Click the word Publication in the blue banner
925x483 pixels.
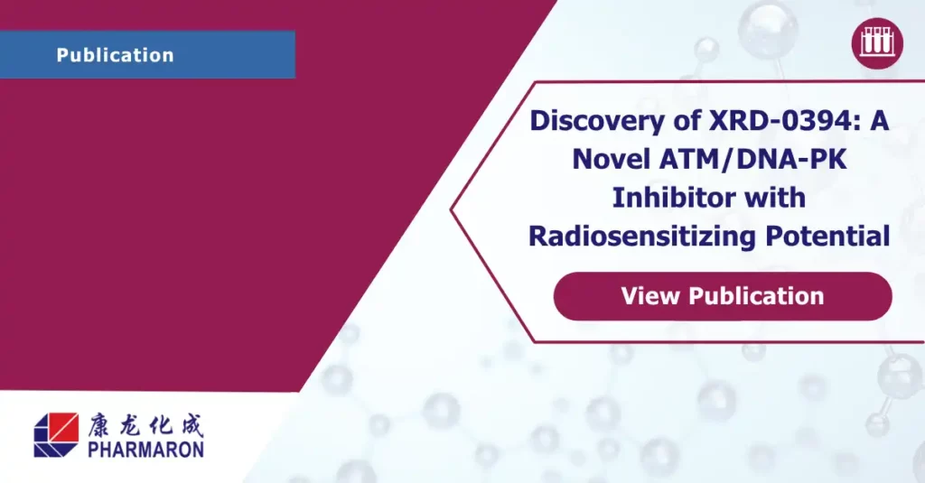coord(115,55)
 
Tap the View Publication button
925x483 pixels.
coord(723,296)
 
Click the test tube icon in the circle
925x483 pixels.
coord(877,43)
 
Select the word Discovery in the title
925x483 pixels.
coord(598,121)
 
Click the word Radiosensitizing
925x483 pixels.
coord(642,237)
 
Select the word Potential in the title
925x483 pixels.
coord(827,236)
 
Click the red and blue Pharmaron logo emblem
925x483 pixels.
coord(56,434)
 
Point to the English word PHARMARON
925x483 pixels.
coord(145,450)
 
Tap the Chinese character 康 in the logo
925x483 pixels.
coord(99,425)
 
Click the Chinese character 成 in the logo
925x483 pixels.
coord(192,425)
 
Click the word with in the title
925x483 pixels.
coord(775,198)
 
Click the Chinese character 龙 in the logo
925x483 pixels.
coord(130,425)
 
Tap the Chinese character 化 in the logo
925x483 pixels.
coord(161,425)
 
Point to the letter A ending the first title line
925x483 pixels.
coord(880,121)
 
